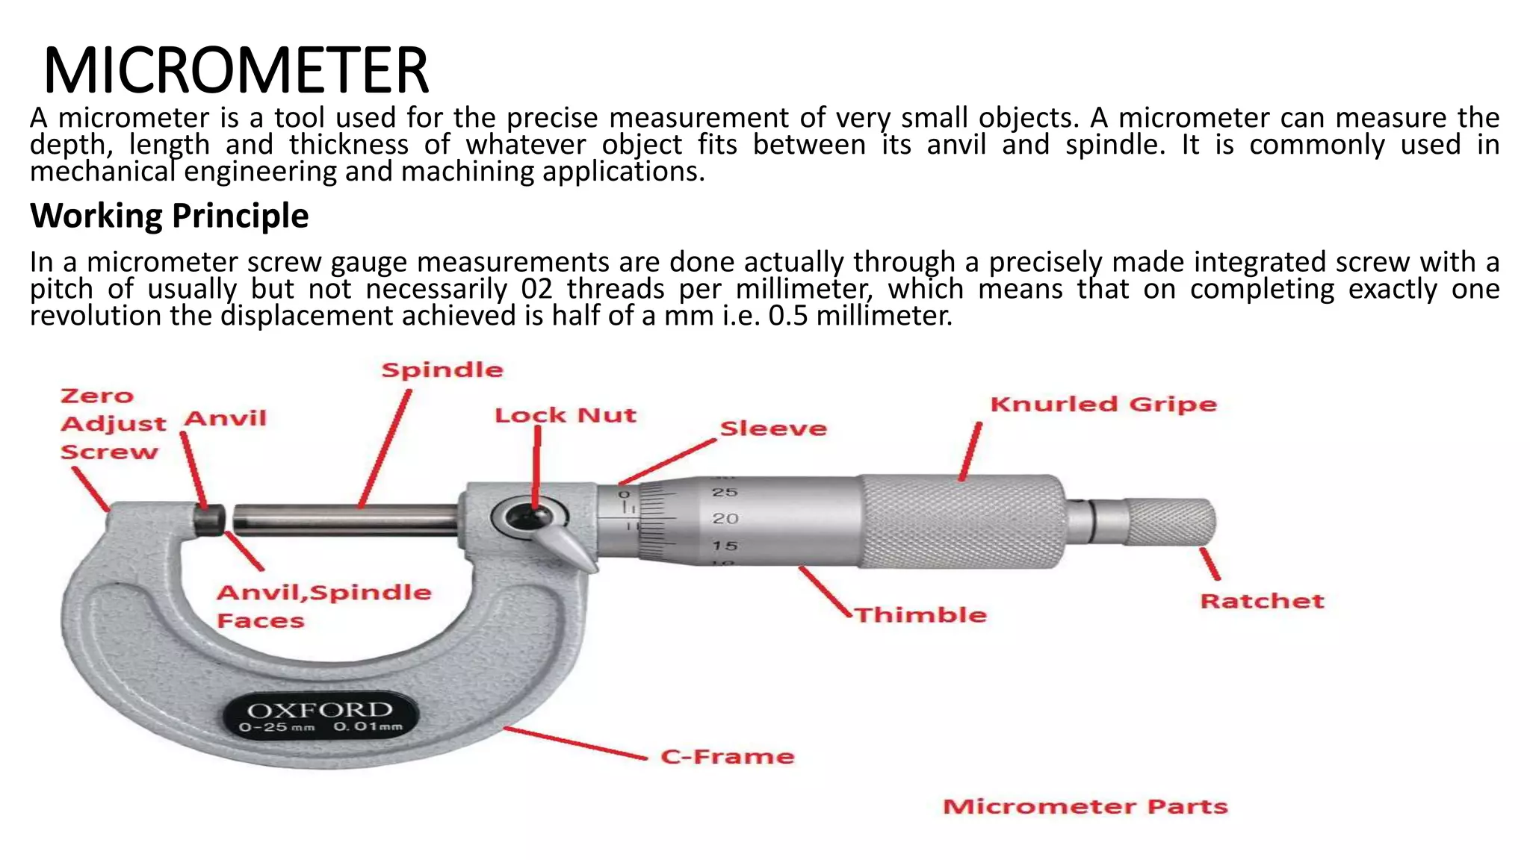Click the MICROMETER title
coord(236,70)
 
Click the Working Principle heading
coord(169,216)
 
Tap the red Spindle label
coord(442,370)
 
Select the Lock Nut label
coord(566,416)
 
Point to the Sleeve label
coord(773,429)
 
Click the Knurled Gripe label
coord(1103,405)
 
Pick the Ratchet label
coord(1262,602)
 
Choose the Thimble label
coord(920,615)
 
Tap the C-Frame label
coord(728,757)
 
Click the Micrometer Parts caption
coord(1085,807)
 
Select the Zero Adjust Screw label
coord(112,423)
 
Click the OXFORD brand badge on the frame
coord(320,716)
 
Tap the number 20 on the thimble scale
coord(725,519)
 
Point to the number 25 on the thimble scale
coord(725,493)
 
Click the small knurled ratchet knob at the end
coord(1170,521)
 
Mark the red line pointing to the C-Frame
coord(575,743)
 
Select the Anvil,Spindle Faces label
coord(323,606)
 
